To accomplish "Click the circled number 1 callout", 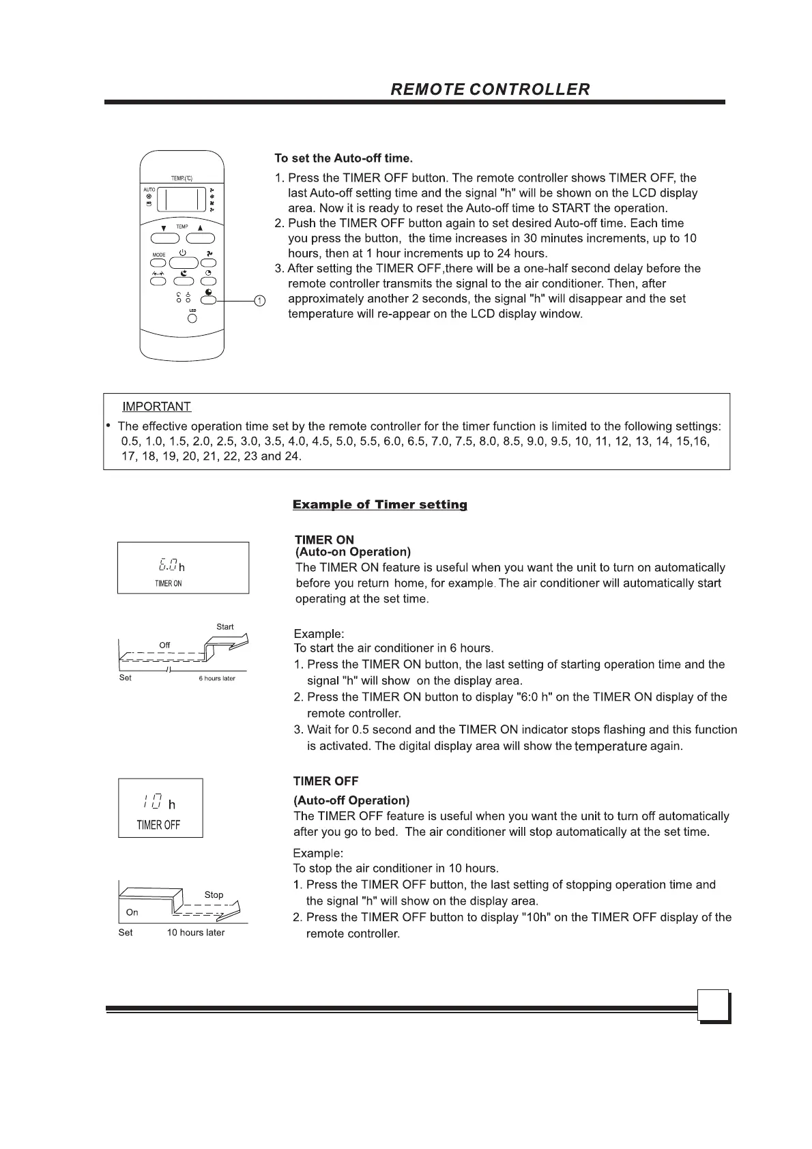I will click(259, 300).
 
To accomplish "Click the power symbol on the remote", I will click(182, 253).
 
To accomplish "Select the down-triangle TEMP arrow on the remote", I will click(164, 228).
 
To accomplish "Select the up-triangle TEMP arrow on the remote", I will click(200, 228).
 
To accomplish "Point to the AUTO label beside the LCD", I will click(149, 190).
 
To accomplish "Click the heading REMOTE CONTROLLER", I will click(490, 89).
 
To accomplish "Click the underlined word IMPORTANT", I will click(156, 407).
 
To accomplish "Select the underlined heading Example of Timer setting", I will click(379, 505).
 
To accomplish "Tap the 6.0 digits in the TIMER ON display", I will click(168, 565).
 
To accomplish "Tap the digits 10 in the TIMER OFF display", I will click(153, 802).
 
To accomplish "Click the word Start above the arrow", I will click(224, 626).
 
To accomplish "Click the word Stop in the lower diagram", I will click(214, 895).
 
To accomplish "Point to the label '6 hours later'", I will click(216, 678).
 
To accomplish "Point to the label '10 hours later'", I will click(195, 933).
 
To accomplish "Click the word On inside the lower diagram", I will click(132, 912).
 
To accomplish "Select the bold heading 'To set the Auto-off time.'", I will click(343, 158).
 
